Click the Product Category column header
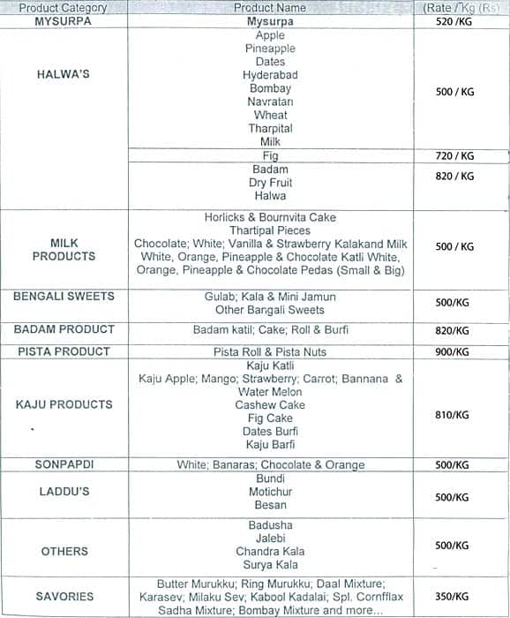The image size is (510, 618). point(63,8)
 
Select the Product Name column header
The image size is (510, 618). point(270,8)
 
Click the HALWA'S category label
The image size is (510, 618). point(64,75)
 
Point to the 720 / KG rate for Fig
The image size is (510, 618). point(455,156)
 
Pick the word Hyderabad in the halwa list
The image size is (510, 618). point(270,75)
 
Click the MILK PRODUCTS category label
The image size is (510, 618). point(64,249)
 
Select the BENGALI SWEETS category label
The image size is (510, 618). point(64,297)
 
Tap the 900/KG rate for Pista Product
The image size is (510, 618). point(453,352)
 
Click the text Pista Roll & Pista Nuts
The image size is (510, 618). point(270,352)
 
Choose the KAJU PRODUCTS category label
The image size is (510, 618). point(64,404)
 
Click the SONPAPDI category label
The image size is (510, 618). point(64,464)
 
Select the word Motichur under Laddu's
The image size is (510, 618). point(270,492)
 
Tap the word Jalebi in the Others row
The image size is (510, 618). point(270,539)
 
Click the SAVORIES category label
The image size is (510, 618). point(64,597)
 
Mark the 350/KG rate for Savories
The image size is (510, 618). point(453,597)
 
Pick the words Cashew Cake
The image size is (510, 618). point(270,405)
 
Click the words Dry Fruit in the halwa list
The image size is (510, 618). point(270,183)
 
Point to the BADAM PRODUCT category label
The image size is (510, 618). point(64,329)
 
